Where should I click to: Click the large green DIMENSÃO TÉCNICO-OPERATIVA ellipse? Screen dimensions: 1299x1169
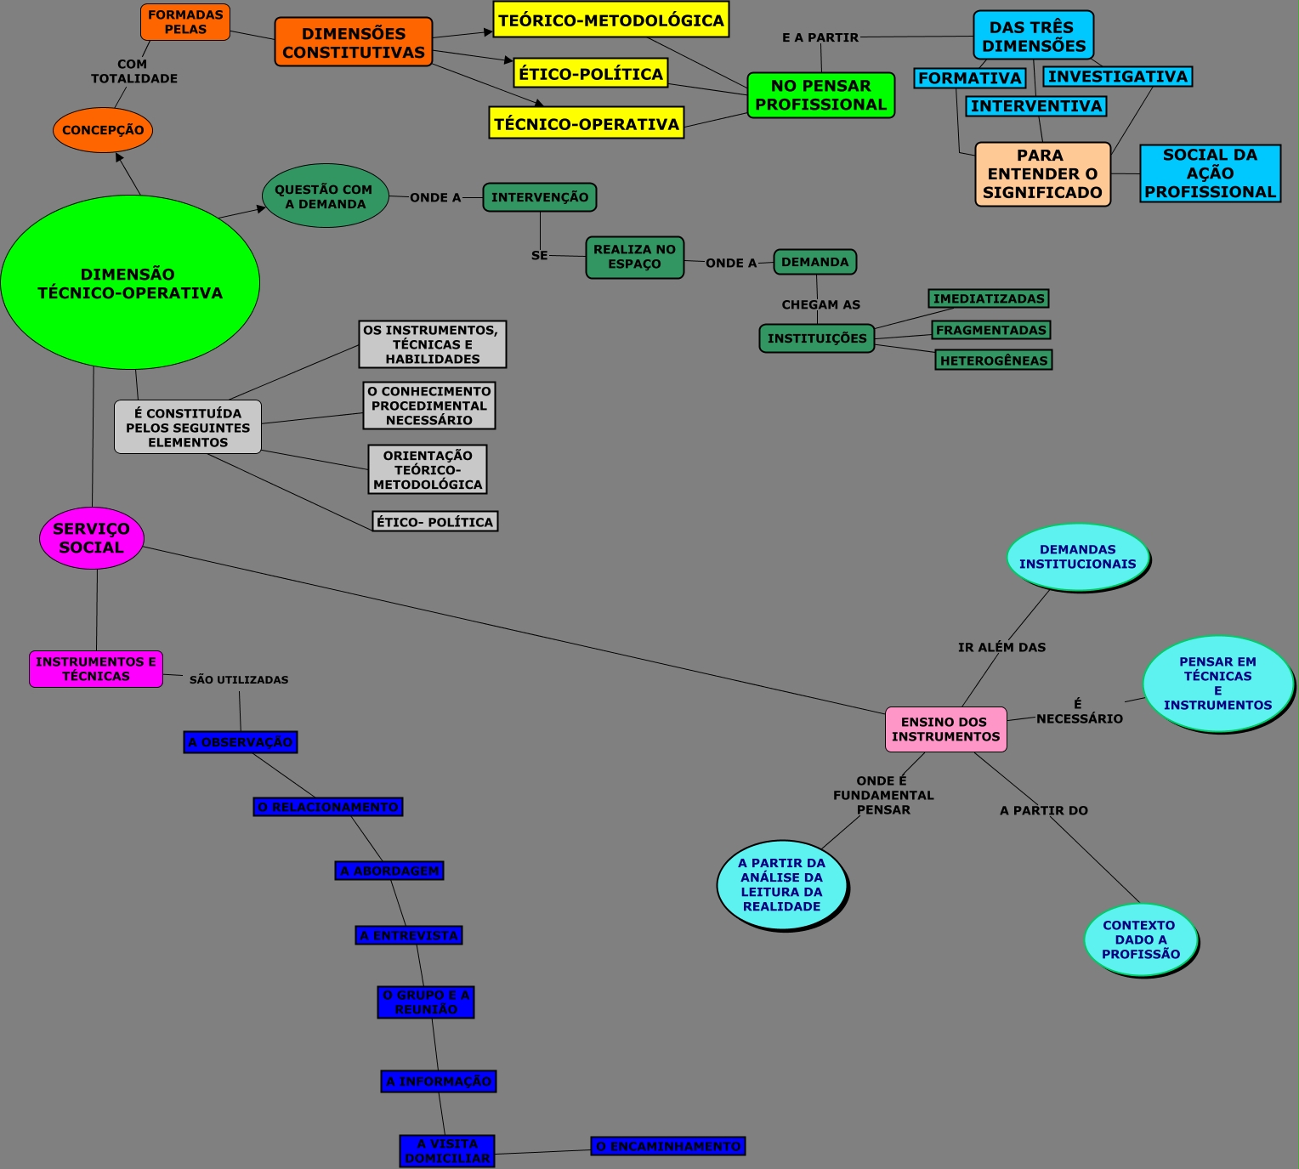[130, 283]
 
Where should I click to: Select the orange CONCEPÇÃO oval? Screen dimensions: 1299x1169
[103, 130]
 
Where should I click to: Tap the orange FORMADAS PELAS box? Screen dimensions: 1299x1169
[185, 22]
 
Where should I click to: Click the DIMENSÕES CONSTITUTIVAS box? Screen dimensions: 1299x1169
[354, 43]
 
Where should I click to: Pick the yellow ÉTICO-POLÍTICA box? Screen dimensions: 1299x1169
[591, 73]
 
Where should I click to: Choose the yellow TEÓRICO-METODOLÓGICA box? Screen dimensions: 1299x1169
[610, 20]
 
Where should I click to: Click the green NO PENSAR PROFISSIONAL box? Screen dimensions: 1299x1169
[820, 95]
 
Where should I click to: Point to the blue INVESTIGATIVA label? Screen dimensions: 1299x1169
[1117, 77]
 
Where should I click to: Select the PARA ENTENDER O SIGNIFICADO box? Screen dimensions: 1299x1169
[1042, 174]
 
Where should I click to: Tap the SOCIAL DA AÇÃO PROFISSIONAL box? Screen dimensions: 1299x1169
[1210, 173]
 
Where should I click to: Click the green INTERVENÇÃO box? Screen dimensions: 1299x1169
[540, 197]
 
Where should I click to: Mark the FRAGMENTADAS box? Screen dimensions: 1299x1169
[991, 330]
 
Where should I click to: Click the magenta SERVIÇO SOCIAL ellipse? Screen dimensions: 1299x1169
[92, 538]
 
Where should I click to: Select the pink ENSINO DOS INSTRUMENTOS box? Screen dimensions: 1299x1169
[945, 729]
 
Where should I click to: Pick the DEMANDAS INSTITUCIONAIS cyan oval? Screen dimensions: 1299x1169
[1077, 557]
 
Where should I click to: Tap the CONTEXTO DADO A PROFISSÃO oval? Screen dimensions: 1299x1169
[1140, 939]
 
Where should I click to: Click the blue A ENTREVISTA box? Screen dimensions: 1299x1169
[409, 935]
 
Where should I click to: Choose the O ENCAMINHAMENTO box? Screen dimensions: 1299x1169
[668, 1146]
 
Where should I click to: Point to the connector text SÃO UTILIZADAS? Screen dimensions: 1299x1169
[239, 680]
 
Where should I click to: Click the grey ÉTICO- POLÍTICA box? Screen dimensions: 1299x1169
[434, 522]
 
